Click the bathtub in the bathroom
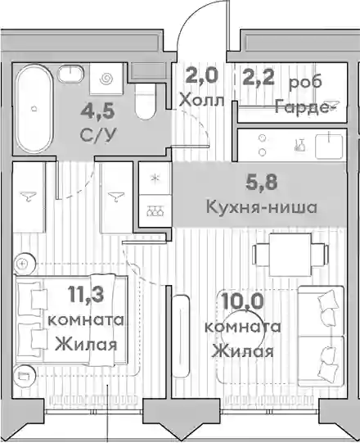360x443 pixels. click(34, 109)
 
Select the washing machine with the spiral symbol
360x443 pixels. click(106, 79)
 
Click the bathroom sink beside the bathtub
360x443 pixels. click(70, 74)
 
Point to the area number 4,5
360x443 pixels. click(97, 111)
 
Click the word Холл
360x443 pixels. click(202, 100)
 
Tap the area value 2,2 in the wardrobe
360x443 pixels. click(259, 77)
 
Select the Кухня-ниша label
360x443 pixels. click(262, 207)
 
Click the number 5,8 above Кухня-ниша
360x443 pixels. click(262, 183)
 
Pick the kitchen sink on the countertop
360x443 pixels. click(330, 147)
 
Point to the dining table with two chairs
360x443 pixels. click(290, 255)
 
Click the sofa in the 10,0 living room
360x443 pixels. click(322, 337)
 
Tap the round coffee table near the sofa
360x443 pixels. click(243, 332)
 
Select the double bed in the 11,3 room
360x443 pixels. click(71, 320)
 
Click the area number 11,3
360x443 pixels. click(86, 294)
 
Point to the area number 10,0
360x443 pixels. click(242, 301)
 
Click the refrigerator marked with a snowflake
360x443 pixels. click(155, 179)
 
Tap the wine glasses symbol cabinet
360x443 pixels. click(155, 210)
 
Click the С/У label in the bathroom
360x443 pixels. click(98, 135)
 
